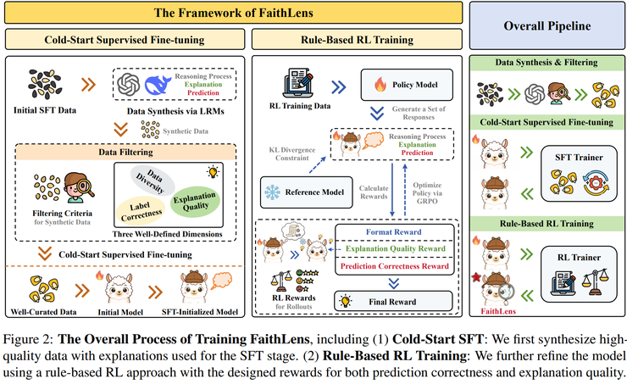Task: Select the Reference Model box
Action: tap(304, 192)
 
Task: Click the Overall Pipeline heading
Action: tap(547, 26)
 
